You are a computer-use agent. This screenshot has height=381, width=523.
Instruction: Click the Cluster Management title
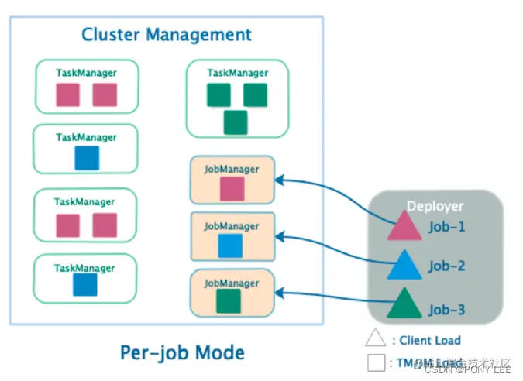coord(167,35)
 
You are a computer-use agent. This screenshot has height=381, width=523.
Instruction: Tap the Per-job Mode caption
coord(182,353)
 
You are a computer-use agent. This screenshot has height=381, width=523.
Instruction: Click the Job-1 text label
coord(447,228)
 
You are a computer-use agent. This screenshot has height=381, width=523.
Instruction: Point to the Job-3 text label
coord(447,310)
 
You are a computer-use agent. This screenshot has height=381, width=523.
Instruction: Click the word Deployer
coord(435,207)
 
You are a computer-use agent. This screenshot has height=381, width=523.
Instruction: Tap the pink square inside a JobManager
coord(232,189)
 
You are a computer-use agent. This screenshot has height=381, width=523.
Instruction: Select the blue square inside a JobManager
coord(230,246)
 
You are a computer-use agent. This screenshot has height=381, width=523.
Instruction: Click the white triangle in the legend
coord(376,339)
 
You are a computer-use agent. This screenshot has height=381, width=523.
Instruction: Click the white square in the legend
coord(376,362)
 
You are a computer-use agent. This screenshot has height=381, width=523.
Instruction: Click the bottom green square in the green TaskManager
coord(236,122)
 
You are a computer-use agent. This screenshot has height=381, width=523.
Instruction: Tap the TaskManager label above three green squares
coord(238,74)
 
